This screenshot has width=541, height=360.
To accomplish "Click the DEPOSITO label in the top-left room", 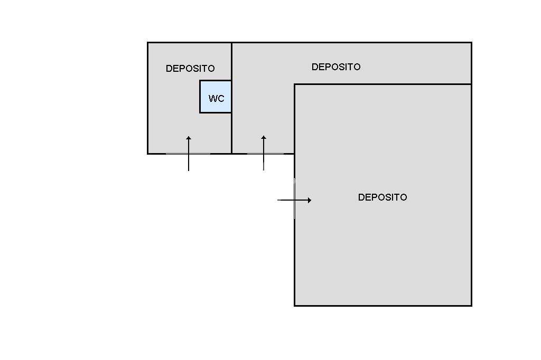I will [190, 69].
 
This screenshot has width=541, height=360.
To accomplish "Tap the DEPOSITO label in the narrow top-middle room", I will [336, 67].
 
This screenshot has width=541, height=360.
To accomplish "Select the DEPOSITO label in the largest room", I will [383, 197].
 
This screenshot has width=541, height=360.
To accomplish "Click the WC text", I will [216, 99].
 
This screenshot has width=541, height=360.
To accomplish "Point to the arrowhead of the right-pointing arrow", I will [310, 200].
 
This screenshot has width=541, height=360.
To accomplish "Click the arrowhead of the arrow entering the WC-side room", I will [189, 138].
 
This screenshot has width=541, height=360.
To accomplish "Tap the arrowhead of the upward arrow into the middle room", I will [264, 138].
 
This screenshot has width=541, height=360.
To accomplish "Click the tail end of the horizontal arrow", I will [278, 200].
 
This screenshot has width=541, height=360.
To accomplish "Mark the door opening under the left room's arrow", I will [188, 154].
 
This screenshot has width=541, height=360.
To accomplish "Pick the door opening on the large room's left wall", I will [294, 198].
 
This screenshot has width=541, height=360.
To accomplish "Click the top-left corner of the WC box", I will [200, 81].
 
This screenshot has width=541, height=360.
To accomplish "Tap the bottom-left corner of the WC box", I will [200, 112].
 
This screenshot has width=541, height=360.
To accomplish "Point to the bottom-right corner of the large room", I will [471, 306].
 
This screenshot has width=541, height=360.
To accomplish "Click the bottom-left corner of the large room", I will [294, 306].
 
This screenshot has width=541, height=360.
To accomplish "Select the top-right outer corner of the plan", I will [471, 43].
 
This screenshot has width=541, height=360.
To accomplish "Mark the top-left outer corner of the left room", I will [147, 43].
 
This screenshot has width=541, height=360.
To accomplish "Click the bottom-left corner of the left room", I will [147, 154].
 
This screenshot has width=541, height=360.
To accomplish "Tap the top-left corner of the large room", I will [294, 84].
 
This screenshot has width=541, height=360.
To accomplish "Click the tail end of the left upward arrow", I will [189, 170].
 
